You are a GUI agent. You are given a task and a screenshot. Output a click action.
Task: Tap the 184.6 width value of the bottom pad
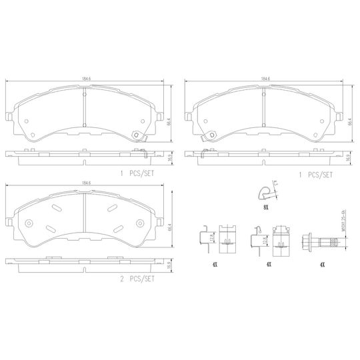coord(86,182)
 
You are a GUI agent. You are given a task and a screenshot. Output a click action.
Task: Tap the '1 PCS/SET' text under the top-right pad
coord(316,175)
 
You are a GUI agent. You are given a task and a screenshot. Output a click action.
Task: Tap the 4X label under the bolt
coord(322,264)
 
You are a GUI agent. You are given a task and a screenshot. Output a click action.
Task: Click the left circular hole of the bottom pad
coord(29,222)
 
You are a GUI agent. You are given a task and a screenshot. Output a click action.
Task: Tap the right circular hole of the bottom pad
coord(141,222)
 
